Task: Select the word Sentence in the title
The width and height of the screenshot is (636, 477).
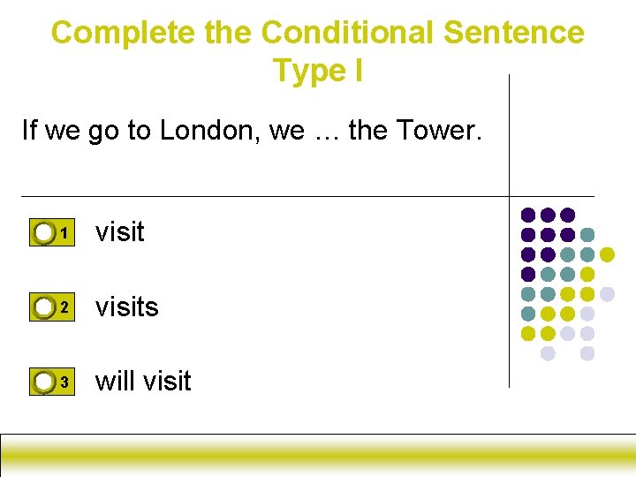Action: (513, 33)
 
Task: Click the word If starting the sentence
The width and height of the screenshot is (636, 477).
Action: (29, 131)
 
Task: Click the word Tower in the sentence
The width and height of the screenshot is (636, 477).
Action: (436, 131)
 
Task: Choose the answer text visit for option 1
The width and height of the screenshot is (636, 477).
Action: (119, 231)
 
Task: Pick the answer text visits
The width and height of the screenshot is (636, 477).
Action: (126, 307)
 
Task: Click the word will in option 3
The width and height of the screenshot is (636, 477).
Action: (116, 381)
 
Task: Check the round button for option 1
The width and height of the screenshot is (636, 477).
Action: (44, 233)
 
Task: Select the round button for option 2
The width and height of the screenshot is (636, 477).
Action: (44, 307)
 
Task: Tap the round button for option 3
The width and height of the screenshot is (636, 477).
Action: (44, 382)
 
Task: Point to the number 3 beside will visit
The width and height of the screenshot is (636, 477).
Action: (64, 382)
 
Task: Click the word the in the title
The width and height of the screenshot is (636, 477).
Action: (228, 33)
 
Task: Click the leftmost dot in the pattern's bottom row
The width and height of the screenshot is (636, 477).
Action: (548, 353)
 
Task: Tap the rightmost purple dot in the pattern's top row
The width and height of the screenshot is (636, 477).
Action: (568, 215)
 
